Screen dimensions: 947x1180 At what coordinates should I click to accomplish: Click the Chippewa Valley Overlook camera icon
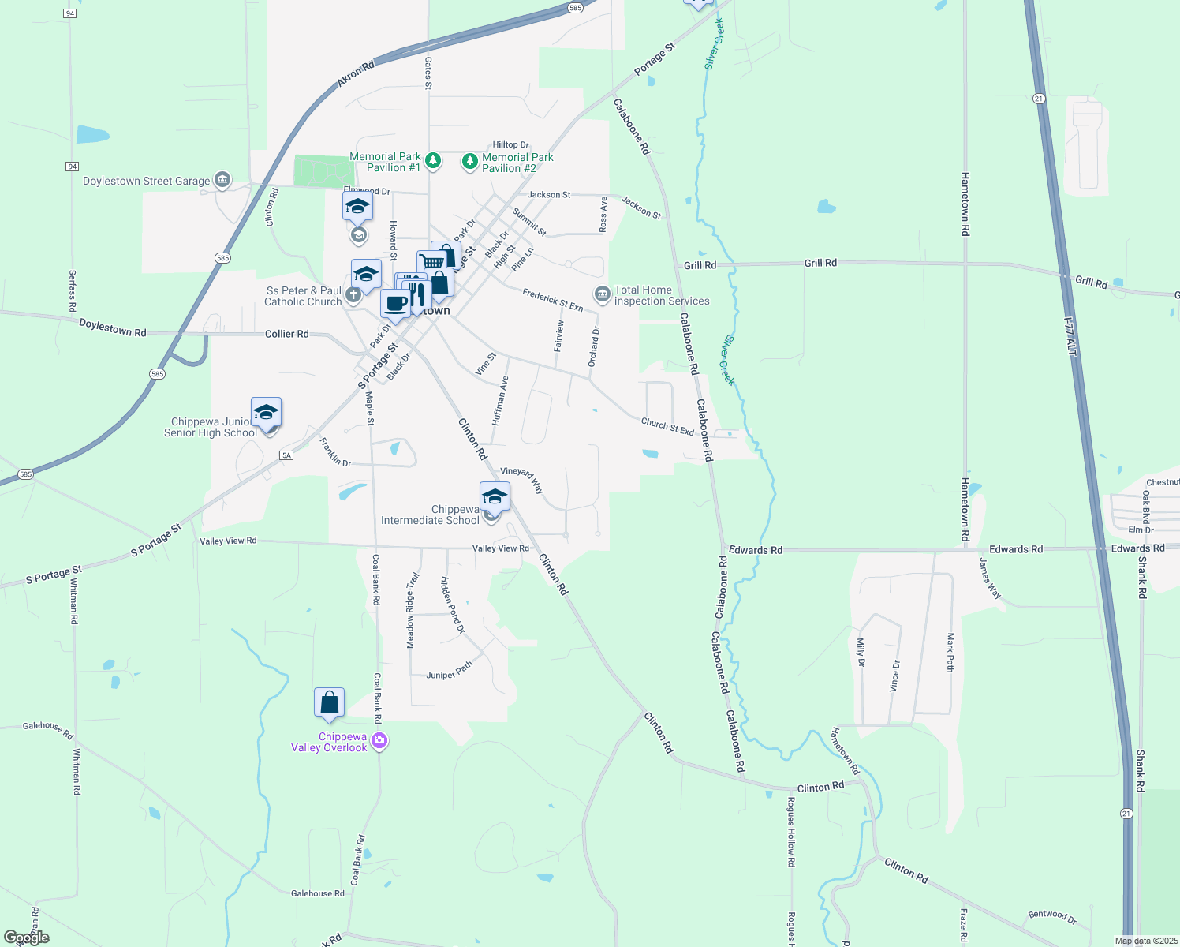click(379, 741)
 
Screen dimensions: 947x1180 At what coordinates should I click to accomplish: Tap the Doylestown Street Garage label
click(147, 182)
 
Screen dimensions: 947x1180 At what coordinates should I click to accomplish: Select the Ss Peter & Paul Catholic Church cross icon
click(353, 295)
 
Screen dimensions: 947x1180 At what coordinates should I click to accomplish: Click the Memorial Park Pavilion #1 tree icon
click(432, 161)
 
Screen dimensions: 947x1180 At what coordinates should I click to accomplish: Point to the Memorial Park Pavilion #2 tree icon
click(470, 162)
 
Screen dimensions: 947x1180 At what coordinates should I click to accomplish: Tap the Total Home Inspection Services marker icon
click(603, 294)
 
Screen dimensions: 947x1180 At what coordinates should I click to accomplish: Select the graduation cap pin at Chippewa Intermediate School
click(495, 496)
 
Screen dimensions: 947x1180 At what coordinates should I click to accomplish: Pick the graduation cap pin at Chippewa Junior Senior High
click(267, 412)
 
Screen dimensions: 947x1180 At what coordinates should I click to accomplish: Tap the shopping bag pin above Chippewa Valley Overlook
click(329, 702)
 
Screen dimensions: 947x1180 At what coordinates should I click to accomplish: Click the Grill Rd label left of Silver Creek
click(700, 265)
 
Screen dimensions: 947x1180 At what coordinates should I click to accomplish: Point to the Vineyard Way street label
click(522, 479)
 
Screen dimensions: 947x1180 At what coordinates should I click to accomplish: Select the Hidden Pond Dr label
click(453, 605)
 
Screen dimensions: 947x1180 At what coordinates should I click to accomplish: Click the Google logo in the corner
click(27, 938)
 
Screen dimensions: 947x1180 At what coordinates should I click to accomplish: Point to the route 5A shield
click(286, 455)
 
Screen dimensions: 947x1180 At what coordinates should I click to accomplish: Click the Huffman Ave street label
click(500, 401)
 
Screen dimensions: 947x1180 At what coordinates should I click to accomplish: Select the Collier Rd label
click(286, 335)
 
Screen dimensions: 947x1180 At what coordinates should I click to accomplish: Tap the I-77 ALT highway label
click(1070, 336)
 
